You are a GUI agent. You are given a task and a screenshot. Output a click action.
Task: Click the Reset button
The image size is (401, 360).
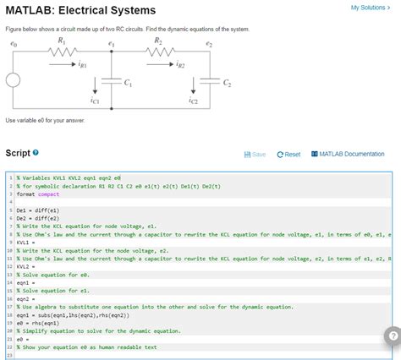pyautogui.click(x=288, y=154)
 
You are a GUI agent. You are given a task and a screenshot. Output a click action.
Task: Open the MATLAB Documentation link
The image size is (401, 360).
pyautogui.click(x=349, y=154)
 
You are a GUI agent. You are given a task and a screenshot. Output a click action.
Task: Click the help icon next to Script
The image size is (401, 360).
pyautogui.click(x=37, y=153)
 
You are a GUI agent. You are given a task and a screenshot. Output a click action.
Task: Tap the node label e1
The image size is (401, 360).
pyautogui.click(x=110, y=42)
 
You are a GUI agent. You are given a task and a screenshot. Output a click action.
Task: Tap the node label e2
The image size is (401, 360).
pyautogui.click(x=208, y=42)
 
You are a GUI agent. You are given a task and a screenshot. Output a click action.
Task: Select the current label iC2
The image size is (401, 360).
pyautogui.click(x=193, y=101)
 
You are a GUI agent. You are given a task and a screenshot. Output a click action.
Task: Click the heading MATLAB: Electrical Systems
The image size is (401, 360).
pyautogui.click(x=80, y=10)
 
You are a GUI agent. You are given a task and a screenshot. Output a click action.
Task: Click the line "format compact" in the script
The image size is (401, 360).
pyautogui.click(x=39, y=193)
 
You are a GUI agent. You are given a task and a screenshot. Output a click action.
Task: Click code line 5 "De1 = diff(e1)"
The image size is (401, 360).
pyautogui.click(x=37, y=208)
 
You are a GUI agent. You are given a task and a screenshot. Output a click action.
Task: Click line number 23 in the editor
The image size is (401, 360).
pyautogui.click(x=8, y=353)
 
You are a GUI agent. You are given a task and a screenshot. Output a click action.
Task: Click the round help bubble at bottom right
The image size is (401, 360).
pyautogui.click(x=390, y=335)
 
